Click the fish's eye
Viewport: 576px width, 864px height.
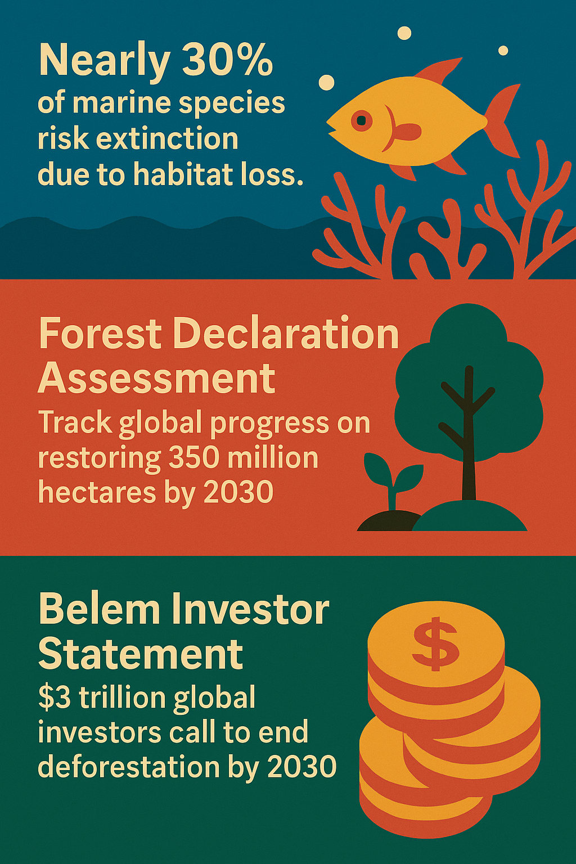pyautogui.click(x=362, y=121)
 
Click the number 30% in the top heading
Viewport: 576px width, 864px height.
pyautogui.click(x=227, y=61)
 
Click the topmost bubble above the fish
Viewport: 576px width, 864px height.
pyautogui.click(x=404, y=33)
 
